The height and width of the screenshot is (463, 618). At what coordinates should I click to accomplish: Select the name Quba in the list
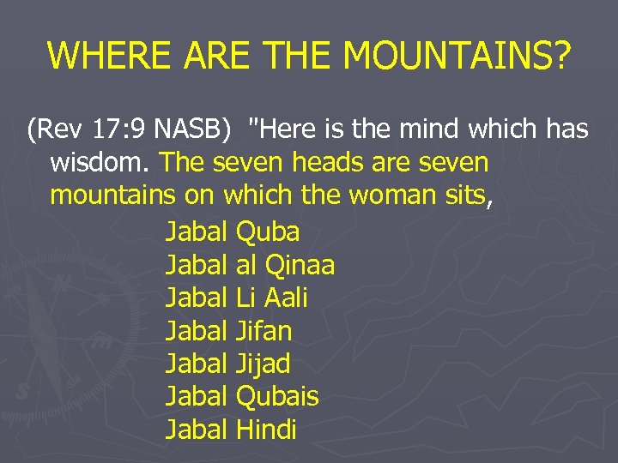point(267,231)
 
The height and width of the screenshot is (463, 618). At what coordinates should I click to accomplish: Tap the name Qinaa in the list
point(300,266)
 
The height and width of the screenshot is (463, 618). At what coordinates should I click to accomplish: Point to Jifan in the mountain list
point(264,331)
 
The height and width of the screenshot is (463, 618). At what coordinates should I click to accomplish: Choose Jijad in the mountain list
point(263,364)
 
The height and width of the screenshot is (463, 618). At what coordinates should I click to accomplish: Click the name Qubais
point(276,397)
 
